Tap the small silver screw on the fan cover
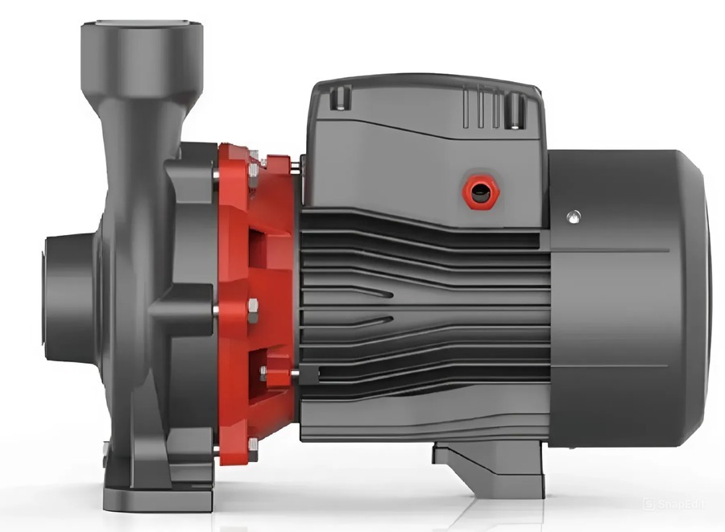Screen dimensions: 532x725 pyautogui.click(x=573, y=216)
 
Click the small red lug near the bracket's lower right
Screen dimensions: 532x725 pyautogui.click(x=277, y=375)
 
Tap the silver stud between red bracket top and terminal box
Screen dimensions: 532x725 pyautogui.click(x=296, y=167)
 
